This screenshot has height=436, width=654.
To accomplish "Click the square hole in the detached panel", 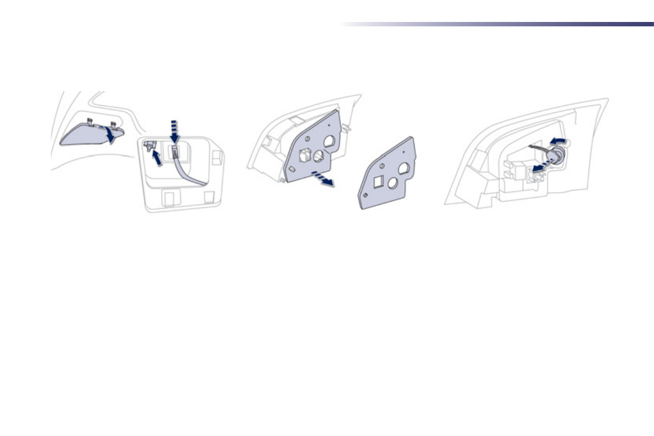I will pos(379,182).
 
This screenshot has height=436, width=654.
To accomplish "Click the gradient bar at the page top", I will pos(497,24).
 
